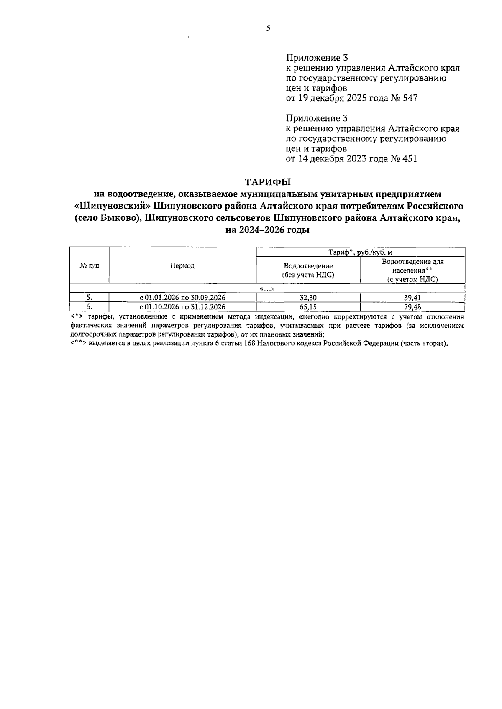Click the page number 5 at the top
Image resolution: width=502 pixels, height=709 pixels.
[x=268, y=28]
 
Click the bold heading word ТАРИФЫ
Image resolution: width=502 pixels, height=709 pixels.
[x=267, y=182]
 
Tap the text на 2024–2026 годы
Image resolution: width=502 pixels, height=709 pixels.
[x=267, y=230]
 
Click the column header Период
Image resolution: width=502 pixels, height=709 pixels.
[x=182, y=265]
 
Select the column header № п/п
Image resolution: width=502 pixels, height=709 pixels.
[x=89, y=265]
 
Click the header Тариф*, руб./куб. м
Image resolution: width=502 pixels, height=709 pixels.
[x=360, y=252]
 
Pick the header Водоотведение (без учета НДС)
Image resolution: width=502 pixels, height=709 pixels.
[x=308, y=270]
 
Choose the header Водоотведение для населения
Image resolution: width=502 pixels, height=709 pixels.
[x=412, y=270]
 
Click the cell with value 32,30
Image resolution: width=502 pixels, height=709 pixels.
[x=308, y=298]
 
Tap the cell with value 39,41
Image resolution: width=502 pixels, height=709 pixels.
[x=412, y=298]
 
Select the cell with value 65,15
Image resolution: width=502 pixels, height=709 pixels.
[x=308, y=306]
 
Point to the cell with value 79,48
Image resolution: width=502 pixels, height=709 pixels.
[x=412, y=306]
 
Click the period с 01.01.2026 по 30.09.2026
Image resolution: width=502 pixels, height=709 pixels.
[x=182, y=298]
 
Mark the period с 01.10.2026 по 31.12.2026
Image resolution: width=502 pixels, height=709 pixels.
[x=182, y=306]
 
